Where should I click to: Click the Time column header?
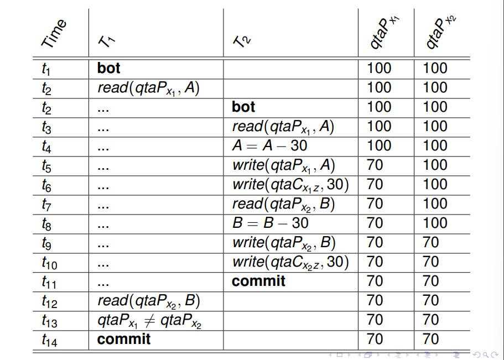[54, 33]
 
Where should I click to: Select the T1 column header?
[107, 41]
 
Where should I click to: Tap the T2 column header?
[242, 41]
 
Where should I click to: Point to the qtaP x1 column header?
[384, 32]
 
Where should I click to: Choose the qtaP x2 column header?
[440, 32]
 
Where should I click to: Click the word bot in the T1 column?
[108, 68]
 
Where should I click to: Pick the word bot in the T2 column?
[243, 107]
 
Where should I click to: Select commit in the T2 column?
[258, 281]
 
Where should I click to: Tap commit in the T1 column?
[124, 339]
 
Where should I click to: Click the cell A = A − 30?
[269, 145]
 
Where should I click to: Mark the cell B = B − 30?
[271, 223]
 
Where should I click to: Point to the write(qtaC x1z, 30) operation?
[290, 185]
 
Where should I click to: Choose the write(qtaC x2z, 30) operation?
[290, 262]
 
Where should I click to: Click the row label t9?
[46, 243]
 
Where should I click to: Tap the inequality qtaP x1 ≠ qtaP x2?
[149, 321]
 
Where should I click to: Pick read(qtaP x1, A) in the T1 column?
[148, 88]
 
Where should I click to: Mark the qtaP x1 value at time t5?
[375, 165]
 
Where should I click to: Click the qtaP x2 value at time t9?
[431, 242]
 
